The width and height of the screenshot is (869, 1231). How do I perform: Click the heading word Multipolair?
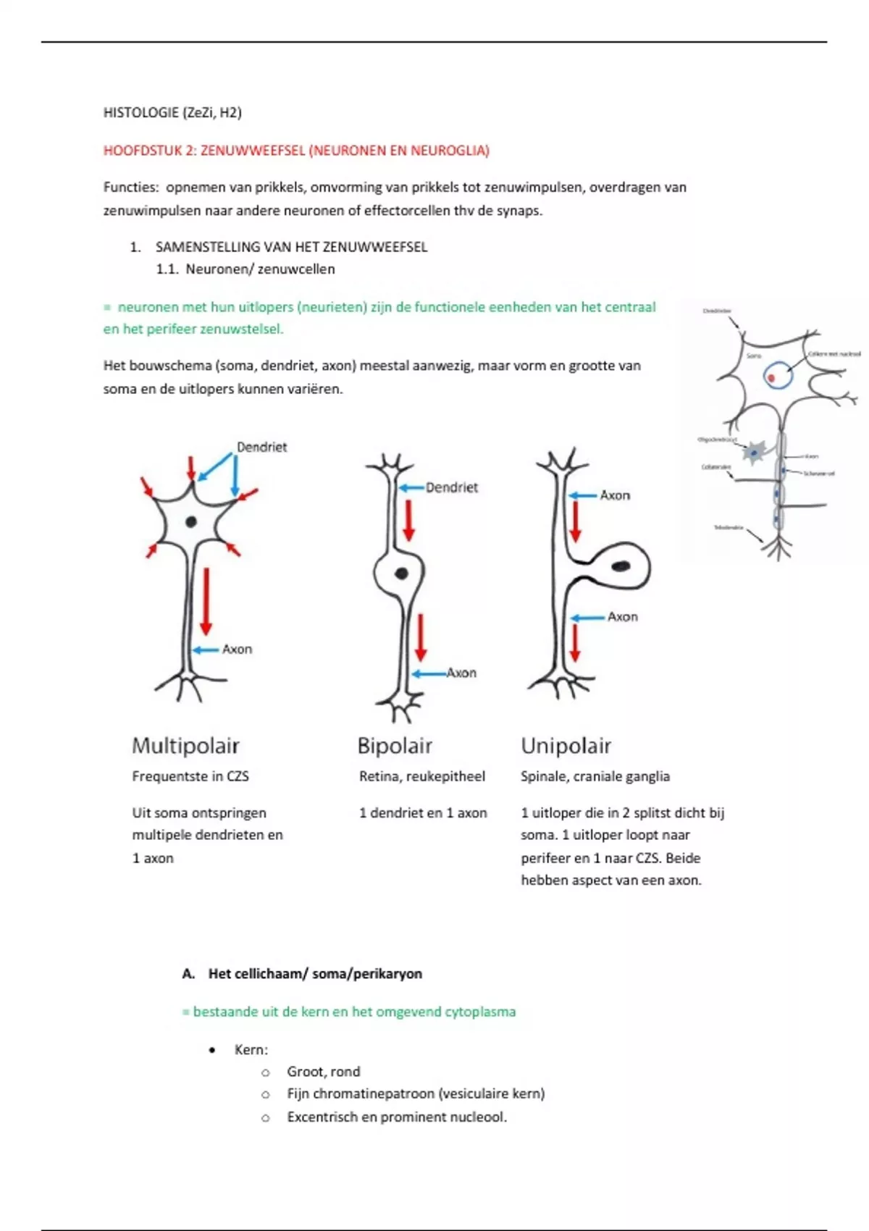185,746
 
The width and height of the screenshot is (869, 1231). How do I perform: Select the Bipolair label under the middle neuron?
395,746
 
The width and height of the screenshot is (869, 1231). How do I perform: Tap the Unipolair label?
566,746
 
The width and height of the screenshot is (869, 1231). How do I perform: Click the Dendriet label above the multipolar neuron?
261,448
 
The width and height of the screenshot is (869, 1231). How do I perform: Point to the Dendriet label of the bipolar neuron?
452,488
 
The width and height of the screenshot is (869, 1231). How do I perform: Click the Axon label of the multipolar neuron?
237,650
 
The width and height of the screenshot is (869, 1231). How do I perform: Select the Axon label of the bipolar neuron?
461,673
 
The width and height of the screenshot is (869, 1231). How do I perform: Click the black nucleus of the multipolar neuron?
191,521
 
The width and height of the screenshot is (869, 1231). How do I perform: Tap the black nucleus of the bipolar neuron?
400,574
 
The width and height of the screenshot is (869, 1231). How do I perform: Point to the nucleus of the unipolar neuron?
622,566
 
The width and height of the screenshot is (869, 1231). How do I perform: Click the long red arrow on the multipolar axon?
206,601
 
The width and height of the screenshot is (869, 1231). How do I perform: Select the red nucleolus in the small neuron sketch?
771,378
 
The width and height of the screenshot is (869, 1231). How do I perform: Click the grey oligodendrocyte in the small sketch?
755,452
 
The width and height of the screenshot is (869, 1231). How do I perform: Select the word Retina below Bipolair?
379,777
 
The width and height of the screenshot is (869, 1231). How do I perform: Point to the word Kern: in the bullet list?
251,1050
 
